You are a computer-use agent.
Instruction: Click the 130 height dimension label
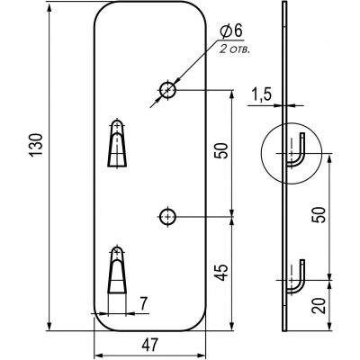36,145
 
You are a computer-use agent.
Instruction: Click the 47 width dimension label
149,346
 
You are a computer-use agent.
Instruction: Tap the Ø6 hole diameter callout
231,31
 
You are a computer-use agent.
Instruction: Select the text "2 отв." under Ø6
235,49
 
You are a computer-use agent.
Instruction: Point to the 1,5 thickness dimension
261,95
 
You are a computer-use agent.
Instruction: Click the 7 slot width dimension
144,304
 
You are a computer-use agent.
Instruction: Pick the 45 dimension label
222,273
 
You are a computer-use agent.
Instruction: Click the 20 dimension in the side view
319,306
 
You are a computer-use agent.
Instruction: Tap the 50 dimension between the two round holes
222,150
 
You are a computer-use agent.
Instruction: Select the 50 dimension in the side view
319,215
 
